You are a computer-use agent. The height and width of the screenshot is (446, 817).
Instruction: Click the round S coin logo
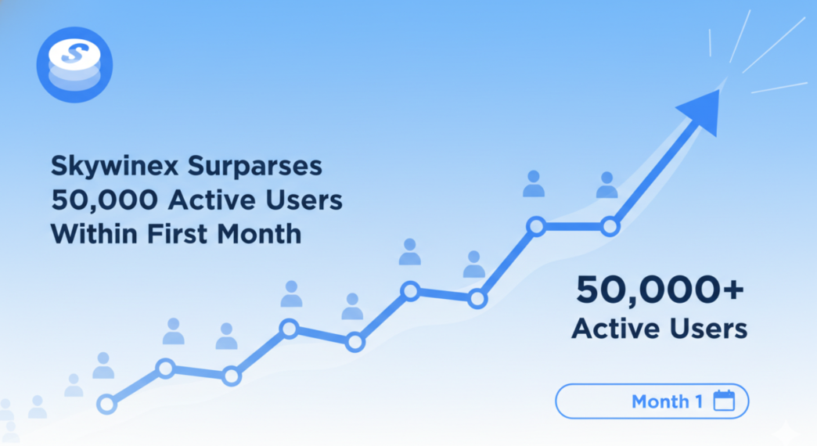[x=74, y=65]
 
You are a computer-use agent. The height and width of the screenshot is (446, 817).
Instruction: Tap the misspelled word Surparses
[x=255, y=166]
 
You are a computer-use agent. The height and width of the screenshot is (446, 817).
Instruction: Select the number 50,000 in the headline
[x=104, y=200]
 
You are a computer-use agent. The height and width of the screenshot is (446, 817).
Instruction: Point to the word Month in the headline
[x=259, y=234]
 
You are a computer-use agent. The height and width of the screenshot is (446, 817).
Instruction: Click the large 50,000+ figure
[x=660, y=290]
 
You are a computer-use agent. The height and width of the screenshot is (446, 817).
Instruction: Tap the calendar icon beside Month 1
[x=724, y=401]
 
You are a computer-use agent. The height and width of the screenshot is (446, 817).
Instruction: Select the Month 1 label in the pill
[x=667, y=401]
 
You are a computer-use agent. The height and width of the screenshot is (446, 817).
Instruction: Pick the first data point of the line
[x=106, y=404]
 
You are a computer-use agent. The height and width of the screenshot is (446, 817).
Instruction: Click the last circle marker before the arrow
[x=610, y=227]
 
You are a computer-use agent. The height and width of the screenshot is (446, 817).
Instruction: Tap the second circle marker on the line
[x=166, y=369]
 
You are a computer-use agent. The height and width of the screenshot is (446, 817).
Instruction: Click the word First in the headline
[x=177, y=234]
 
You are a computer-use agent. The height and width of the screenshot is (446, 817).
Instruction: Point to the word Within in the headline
[x=95, y=234]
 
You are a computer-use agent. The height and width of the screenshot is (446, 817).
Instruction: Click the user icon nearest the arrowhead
[x=607, y=185]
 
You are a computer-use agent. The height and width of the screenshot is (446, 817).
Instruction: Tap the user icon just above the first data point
[x=103, y=365]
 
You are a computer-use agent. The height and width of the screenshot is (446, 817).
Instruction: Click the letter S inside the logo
[x=74, y=53]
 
